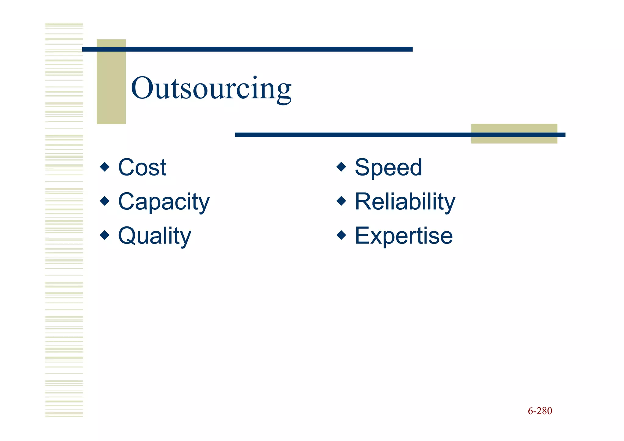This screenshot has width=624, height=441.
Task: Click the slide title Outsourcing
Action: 211,88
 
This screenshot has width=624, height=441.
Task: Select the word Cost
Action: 142,167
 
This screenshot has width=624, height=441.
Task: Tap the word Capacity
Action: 164,202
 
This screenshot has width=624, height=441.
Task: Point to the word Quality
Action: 154,236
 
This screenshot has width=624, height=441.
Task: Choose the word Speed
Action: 388,167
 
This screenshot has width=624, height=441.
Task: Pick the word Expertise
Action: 403,236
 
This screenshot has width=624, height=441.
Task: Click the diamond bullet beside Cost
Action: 105,167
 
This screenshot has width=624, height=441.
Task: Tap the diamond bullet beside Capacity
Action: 105,201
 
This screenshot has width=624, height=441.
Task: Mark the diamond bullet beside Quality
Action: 105,235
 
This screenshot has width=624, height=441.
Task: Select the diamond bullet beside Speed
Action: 341,167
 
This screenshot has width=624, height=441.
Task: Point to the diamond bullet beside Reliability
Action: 341,201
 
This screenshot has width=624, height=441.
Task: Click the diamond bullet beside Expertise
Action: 341,235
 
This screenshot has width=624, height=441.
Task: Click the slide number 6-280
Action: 540,411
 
